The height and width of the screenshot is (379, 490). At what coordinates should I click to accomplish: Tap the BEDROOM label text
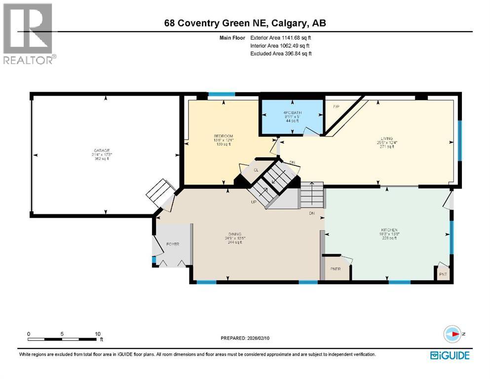point(223,136)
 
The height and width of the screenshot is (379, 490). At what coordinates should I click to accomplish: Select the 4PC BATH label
point(292,113)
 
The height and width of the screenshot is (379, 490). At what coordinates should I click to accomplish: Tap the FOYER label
point(172,244)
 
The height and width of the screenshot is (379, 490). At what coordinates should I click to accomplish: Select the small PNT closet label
point(442,273)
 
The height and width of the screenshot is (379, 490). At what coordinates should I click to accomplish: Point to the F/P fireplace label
point(337,107)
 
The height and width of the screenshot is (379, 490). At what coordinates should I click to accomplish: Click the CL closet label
point(256,170)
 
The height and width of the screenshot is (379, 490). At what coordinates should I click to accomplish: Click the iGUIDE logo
point(449,355)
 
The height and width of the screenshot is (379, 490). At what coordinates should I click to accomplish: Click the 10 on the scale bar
point(97,334)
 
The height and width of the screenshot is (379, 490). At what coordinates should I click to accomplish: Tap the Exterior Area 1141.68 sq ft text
point(281,37)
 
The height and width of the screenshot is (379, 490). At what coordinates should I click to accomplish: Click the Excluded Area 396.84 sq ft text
point(281,53)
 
